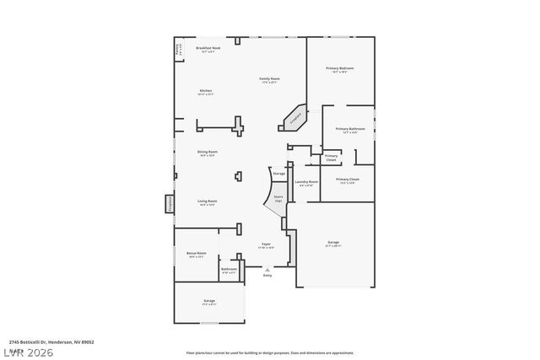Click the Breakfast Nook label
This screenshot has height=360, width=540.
pos(208,50)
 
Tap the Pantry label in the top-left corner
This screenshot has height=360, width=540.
pos(177,50)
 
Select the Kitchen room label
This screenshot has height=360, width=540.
pos(205,92)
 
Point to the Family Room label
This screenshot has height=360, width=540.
pos(270,79)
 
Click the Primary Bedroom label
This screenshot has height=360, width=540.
pos(340,69)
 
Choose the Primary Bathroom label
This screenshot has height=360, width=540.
pos(349,130)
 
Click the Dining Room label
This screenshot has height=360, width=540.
pos(208,153)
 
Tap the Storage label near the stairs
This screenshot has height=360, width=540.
pos(278,173)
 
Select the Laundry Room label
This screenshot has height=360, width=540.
pos(306,183)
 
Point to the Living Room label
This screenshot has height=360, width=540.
pos(208,202)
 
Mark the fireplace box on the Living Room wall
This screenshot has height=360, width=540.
pos(169,203)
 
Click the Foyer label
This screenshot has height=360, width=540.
pos(265,245)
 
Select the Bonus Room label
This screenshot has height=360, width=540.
pos(196,255)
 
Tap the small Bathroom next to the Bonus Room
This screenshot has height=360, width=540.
pos(229,271)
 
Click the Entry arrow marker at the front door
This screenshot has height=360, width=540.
pos(267,271)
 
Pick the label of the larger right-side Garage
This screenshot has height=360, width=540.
pos(333,244)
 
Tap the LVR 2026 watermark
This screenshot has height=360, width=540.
pos(27,352)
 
